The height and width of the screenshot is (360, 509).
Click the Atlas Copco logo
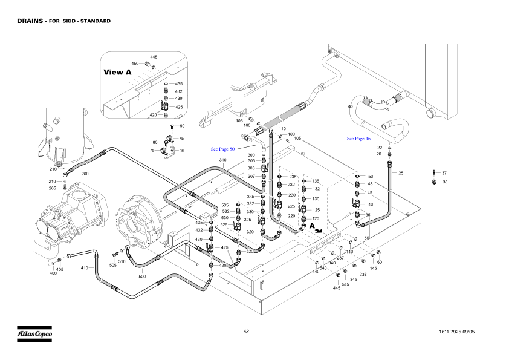34,333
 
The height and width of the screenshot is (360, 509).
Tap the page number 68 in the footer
246,332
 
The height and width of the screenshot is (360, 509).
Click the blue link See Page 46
358,139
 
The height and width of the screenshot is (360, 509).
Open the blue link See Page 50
222,149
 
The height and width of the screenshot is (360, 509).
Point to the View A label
117,72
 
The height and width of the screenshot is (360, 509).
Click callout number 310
222,160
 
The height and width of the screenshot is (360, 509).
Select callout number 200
85,174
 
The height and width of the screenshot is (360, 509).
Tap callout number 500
142,277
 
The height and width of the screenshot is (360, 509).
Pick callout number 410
85,267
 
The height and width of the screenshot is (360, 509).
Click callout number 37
444,173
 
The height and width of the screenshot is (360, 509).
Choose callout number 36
445,182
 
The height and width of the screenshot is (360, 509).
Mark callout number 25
401,173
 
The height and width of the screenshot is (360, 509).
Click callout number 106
239,120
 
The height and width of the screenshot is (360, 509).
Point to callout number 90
182,126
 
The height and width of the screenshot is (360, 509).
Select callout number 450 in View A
135,63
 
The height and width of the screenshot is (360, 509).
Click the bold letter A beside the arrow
312,225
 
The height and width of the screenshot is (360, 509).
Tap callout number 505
112,265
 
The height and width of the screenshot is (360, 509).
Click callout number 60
380,262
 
